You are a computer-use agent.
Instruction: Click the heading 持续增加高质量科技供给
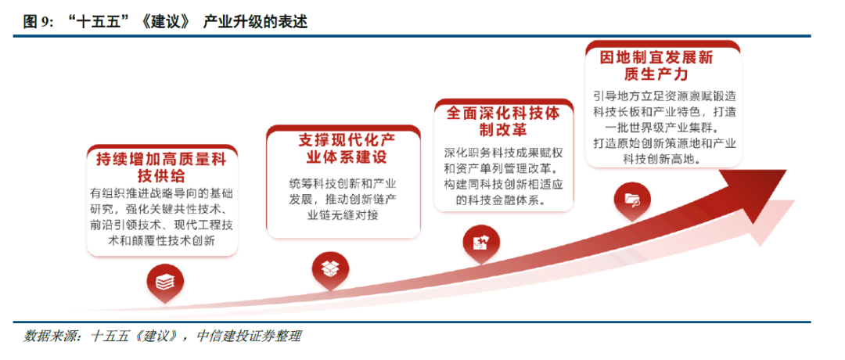[161, 167]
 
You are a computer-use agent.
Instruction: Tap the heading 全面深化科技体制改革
[504, 121]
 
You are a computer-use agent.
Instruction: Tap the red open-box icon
[330, 267]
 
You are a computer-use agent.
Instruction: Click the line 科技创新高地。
[661, 159]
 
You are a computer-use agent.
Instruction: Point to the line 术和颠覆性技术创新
[162, 241]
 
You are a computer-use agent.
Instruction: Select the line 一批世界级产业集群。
[661, 128]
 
